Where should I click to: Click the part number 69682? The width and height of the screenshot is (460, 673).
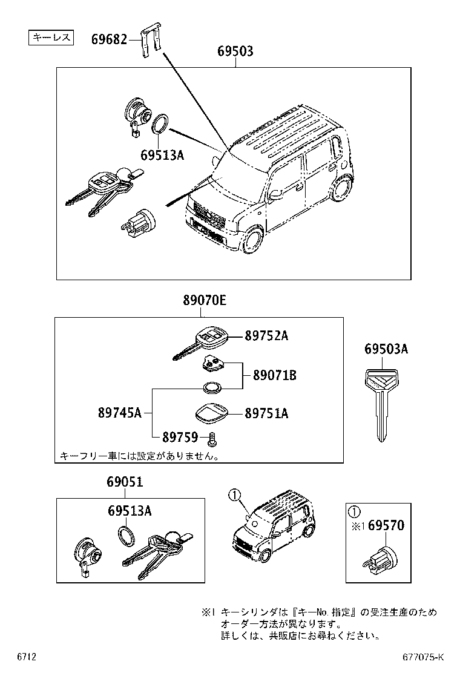click(109, 40)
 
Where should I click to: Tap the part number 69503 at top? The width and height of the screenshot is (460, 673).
click(235, 53)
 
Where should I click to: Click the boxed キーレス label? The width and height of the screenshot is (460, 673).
click(51, 38)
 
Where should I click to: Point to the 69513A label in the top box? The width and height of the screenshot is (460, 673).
click(162, 155)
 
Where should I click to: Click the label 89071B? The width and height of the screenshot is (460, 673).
click(270, 376)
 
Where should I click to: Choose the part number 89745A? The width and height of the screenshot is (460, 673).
click(119, 413)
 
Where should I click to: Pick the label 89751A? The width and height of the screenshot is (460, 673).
click(266, 414)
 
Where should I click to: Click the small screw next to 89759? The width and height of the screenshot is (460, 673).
click(212, 438)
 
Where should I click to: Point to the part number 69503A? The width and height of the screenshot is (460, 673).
click(386, 349)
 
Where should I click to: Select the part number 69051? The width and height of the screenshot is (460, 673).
click(125, 482)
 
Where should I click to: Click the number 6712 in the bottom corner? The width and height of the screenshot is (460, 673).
click(27, 657)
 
